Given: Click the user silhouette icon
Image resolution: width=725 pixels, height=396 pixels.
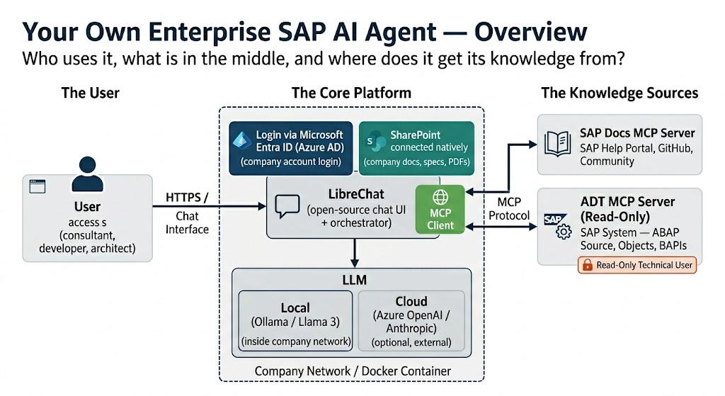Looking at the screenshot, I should click(x=86, y=173).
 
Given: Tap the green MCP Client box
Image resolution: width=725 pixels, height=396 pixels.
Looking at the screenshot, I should click(x=440, y=209).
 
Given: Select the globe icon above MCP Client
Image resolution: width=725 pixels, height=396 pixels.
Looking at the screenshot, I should click(x=440, y=198).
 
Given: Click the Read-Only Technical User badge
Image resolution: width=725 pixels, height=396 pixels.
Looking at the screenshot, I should click(x=637, y=265).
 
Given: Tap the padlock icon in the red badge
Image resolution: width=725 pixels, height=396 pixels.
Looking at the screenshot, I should click(x=586, y=265).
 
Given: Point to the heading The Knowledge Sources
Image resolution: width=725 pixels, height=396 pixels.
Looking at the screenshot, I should click(x=620, y=93).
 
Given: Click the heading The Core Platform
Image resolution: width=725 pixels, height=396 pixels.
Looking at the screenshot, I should click(x=351, y=93).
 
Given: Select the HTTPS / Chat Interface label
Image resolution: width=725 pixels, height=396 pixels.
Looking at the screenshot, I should click(x=188, y=213).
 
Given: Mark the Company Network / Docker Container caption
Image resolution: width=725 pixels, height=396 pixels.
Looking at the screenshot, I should click(x=352, y=371).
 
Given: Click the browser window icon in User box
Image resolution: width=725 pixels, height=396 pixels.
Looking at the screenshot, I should click(x=35, y=186).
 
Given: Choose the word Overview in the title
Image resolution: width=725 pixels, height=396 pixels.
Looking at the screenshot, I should click(x=530, y=32).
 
